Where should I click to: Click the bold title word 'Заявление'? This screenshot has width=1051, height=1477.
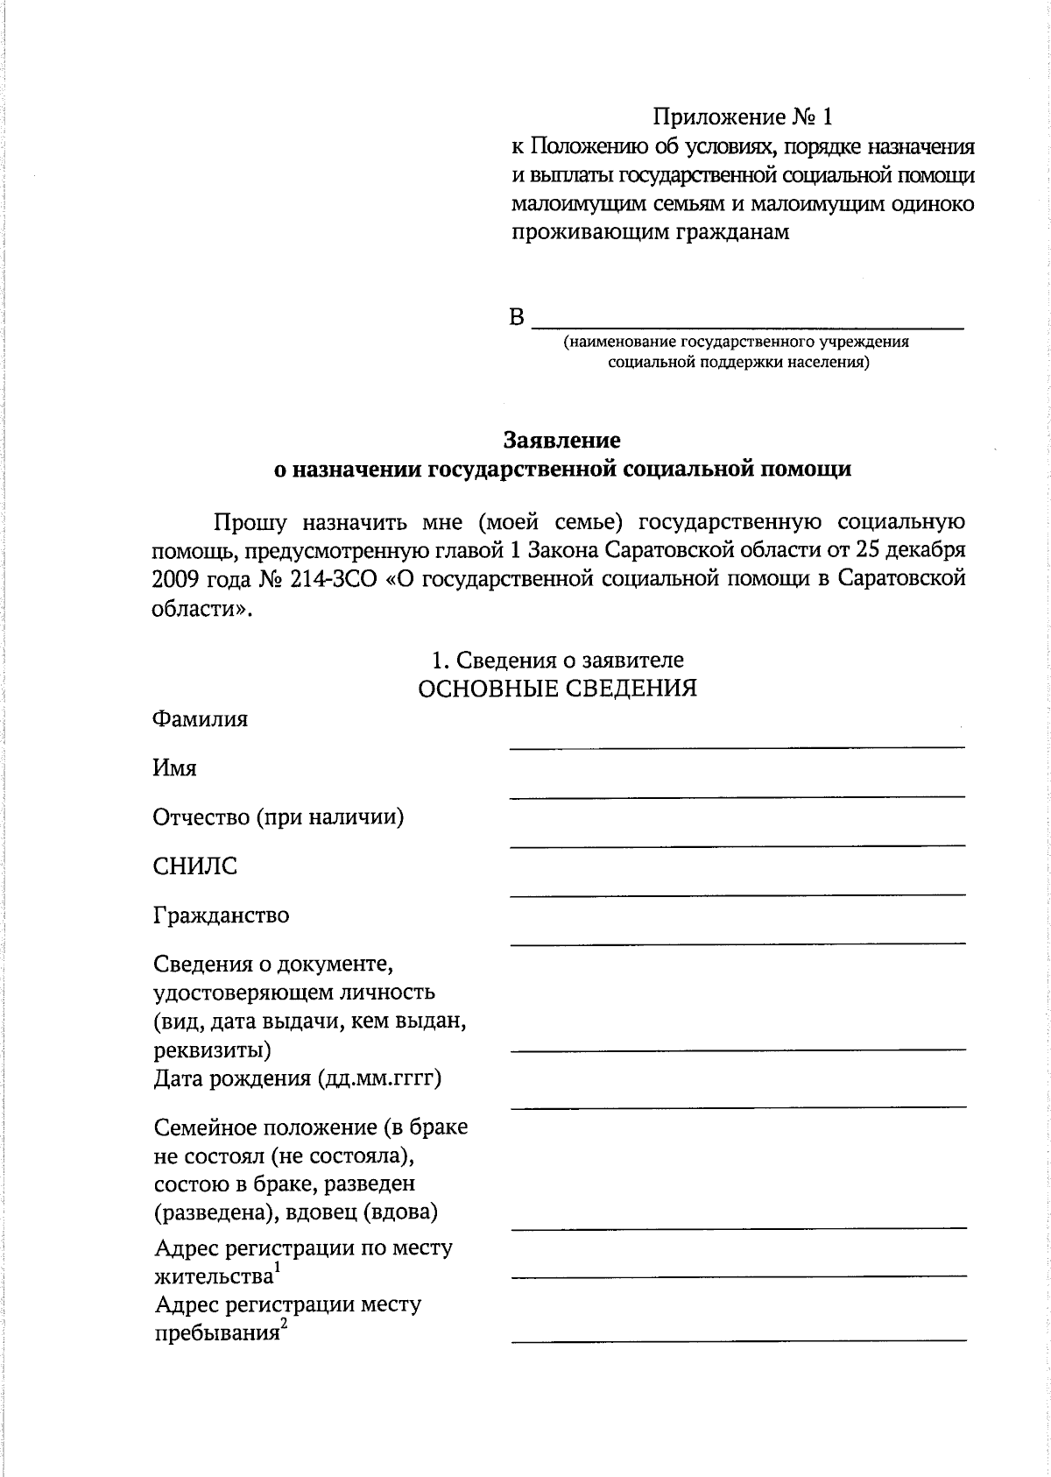tap(561, 439)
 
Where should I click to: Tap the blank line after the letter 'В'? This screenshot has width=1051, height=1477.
tap(748, 326)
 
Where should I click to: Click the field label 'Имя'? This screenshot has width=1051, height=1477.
tap(174, 768)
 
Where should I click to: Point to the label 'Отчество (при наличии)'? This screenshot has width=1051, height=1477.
tap(278, 817)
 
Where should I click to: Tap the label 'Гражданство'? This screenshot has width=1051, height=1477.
tap(221, 915)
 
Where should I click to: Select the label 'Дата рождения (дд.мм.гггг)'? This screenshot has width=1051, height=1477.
tap(297, 1078)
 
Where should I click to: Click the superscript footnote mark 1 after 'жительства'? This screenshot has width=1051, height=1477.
tap(277, 1268)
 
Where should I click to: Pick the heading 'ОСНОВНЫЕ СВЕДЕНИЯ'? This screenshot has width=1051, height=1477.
tap(558, 689)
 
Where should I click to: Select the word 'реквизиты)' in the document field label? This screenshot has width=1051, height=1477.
tap(212, 1049)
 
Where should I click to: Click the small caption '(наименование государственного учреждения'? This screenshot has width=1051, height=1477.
tap(736, 342)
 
